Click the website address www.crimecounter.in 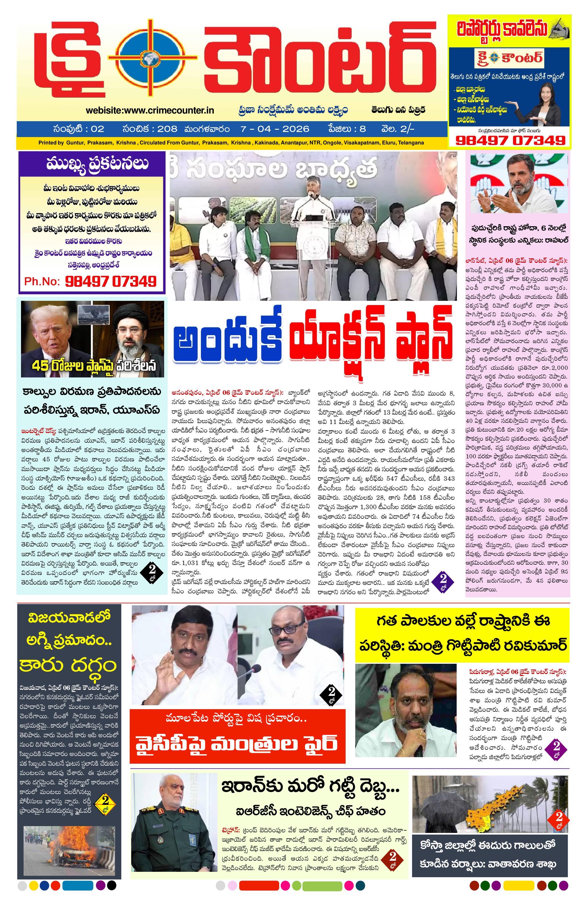coord(149,110)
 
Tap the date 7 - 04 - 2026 coord(274,129)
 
